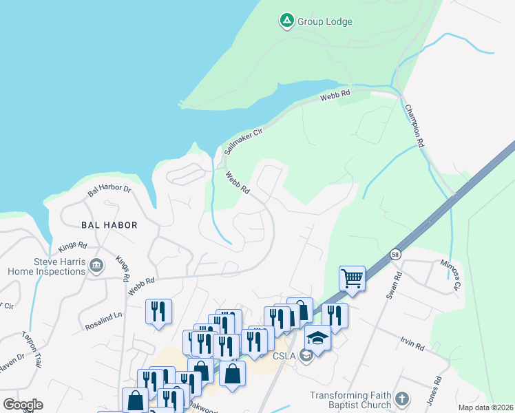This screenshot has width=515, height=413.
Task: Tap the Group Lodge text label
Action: pos(325,21)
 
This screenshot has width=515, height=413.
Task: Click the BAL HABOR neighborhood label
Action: pos(109,225)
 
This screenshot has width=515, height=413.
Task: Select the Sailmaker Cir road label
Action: pos(244,141)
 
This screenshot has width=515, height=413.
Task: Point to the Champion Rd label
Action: pos(413,126)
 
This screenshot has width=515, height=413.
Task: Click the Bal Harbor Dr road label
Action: pos(109,190)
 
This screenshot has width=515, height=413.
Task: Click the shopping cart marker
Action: pos(352,279)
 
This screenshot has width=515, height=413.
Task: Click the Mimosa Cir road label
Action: pos(452,275)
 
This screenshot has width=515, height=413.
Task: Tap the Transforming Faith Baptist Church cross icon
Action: pos(402,399)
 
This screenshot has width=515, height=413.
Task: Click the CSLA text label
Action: pos(284,355)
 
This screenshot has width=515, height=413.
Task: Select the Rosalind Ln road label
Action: pos(103,319)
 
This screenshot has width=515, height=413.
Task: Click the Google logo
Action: pos(23,404)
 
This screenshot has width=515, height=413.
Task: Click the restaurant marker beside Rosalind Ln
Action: pos(158,312)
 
